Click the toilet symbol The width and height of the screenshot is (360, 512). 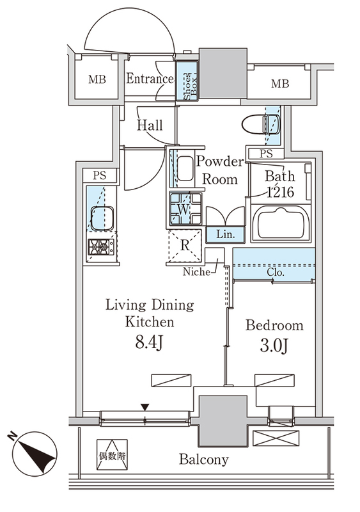(260, 124)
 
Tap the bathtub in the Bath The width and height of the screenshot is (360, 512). (281, 223)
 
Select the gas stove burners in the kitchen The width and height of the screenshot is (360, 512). (101, 247)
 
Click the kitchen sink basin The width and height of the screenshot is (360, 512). (102, 218)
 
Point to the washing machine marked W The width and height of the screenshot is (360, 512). (185, 209)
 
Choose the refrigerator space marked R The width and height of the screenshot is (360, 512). (185, 246)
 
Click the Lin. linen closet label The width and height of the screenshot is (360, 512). (225, 234)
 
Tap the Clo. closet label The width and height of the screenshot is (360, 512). (276, 272)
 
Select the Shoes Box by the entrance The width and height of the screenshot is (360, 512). (187, 81)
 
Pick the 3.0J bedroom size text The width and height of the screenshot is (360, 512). (274, 346)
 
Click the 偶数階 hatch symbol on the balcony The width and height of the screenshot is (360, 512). (112, 454)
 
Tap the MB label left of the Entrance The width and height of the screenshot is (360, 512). (97, 79)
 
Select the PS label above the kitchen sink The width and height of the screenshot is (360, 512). (100, 175)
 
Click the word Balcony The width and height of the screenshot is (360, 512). (204, 460)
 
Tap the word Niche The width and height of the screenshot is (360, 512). (196, 271)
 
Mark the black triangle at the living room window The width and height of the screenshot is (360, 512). (145, 407)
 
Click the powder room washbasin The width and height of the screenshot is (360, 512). (185, 168)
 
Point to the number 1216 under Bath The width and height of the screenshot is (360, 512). (281, 192)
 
